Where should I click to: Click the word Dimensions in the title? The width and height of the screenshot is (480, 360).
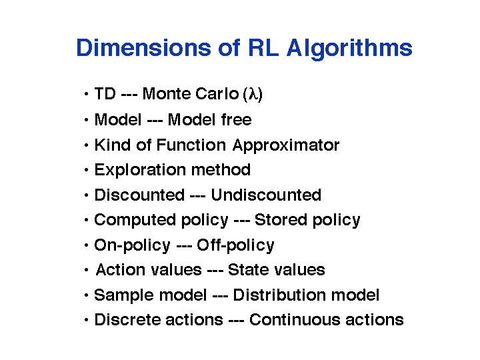143,48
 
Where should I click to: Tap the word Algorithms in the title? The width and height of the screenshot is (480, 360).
349,49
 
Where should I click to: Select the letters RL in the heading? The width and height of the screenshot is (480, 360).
263,48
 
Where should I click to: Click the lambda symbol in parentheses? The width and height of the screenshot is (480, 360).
253,94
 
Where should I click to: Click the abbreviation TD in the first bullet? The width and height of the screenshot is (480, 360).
105,94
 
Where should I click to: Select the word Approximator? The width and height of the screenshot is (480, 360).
285,146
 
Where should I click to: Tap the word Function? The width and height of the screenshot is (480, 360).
191,145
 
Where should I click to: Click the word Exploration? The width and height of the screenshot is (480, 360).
140,171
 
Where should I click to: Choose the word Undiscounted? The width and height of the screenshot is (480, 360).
266,195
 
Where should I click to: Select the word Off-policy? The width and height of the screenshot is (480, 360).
235,245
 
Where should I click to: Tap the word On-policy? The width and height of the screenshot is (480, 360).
132,245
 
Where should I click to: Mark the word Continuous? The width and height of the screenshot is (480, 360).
295,320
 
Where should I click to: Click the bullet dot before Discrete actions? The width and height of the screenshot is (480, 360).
86,320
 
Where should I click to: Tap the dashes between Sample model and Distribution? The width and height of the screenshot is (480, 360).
220,296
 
